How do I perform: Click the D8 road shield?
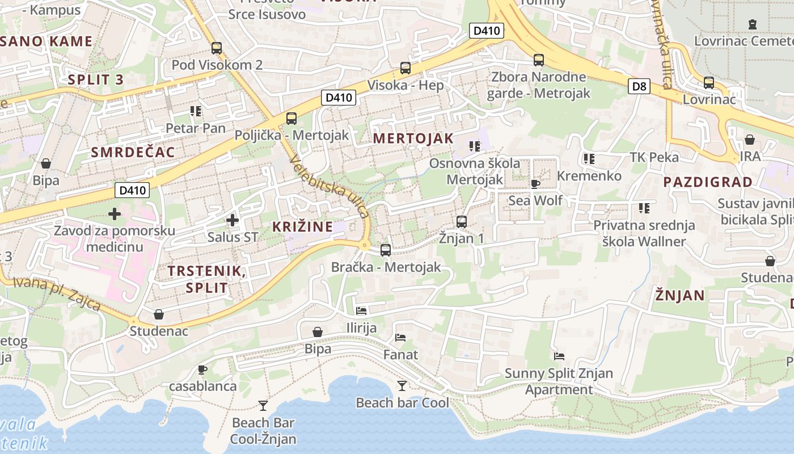point(639,86)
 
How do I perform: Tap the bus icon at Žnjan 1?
point(462,222)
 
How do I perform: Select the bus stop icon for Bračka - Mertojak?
point(386,250)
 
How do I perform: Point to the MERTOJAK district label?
point(413,138)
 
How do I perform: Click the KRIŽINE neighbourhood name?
point(302,226)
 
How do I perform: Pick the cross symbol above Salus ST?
point(232,220)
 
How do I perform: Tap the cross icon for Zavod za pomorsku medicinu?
point(115,214)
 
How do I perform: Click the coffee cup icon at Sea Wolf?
point(535,183)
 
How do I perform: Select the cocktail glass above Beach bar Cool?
point(402,386)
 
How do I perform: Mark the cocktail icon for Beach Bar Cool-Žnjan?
point(263,405)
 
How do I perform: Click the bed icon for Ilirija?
point(361,310)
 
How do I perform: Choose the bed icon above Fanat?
point(400,338)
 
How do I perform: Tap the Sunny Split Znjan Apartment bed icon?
point(559,356)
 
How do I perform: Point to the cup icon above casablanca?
point(202,369)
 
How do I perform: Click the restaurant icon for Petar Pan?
point(196,111)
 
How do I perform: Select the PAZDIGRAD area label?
point(707,182)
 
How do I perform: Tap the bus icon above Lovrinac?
point(709,82)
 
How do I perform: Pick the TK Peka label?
point(654,157)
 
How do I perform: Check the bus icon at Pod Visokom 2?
point(217,48)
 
